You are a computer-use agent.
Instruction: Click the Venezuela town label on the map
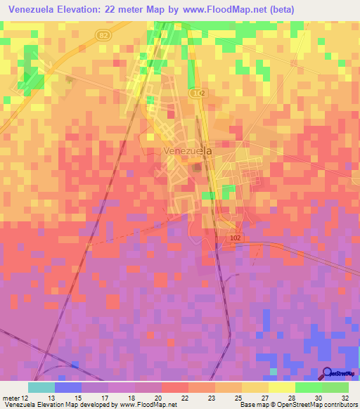coord(187,150)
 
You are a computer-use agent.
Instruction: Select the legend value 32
coord(344,397)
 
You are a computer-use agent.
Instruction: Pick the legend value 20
coord(158,397)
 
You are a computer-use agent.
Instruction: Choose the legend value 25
coord(238,397)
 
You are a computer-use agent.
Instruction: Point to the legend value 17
coord(104,397)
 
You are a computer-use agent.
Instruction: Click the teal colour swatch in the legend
coord(41,387)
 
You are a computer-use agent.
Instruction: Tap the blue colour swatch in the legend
coord(68,387)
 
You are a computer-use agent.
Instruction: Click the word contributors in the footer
coord(340,405)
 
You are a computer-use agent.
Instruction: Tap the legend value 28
coord(291,397)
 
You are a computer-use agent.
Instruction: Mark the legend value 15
coord(78,397)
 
